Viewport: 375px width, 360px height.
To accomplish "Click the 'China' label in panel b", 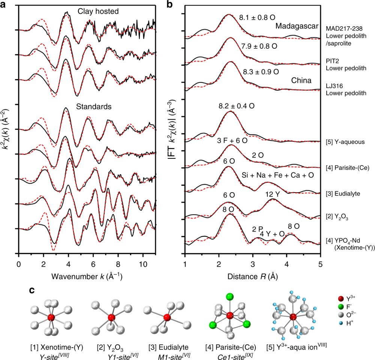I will click(x=300, y=80).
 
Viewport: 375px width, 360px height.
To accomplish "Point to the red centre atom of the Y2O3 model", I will click(x=111, y=318).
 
